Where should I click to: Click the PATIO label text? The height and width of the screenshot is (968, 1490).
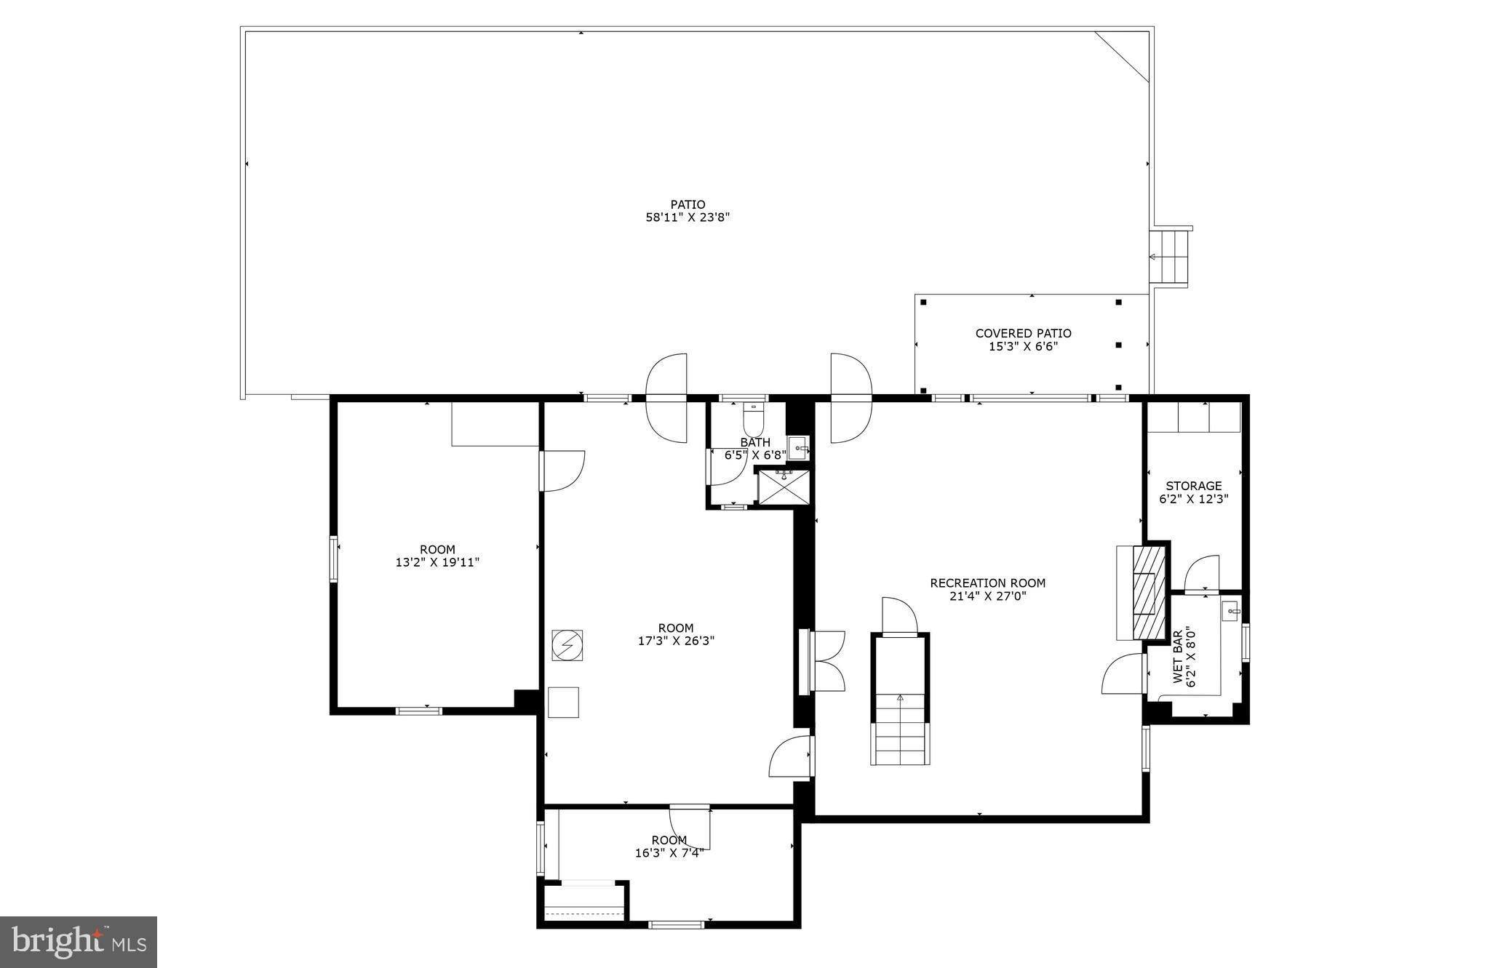pyautogui.click(x=688, y=205)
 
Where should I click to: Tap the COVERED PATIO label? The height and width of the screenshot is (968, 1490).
pyautogui.click(x=1023, y=334)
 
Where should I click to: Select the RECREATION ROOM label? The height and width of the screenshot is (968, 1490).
pyautogui.click(x=987, y=583)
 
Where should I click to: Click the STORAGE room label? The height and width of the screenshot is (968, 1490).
pyautogui.click(x=1193, y=487)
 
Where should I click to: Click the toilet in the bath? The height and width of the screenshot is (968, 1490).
pyautogui.click(x=754, y=421)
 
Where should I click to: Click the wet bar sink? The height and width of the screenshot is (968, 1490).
pyautogui.click(x=1230, y=610)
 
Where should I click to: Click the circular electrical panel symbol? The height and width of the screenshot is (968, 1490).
pyautogui.click(x=567, y=645)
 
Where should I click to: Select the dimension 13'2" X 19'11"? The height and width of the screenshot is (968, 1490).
pyautogui.click(x=437, y=563)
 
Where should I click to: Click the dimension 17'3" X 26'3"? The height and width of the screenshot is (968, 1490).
pyautogui.click(x=676, y=641)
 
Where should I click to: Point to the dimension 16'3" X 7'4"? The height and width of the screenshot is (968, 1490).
pyautogui.click(x=669, y=854)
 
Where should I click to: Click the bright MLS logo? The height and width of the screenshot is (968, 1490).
pyautogui.click(x=79, y=942)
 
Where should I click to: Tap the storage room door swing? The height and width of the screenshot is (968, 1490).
pyautogui.click(x=1202, y=573)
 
